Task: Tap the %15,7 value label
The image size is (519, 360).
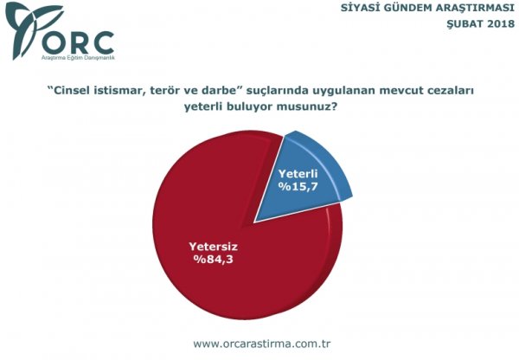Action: coord(298,186)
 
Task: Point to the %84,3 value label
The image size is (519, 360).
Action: coord(214,259)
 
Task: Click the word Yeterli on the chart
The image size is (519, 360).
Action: coord(298,174)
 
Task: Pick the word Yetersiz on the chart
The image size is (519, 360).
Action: coord(214,247)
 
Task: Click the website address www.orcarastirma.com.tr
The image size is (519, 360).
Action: coord(262,344)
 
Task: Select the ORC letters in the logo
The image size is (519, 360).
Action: coord(78,42)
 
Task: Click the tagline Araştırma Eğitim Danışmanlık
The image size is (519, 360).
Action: coord(78,58)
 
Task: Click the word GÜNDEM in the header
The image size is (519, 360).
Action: coord(407,8)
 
